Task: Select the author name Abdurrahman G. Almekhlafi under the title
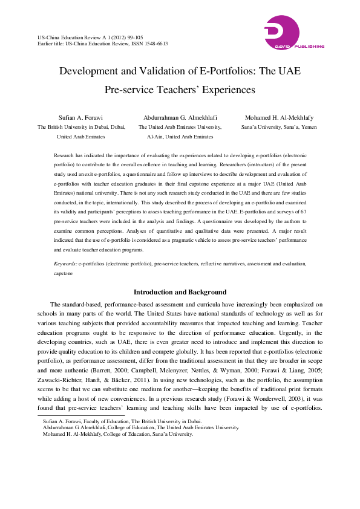click(180, 117)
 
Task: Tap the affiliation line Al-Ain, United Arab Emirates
click(180, 138)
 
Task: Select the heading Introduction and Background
click(180, 293)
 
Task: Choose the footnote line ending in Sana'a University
click(118, 433)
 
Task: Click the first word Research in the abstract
click(65, 155)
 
